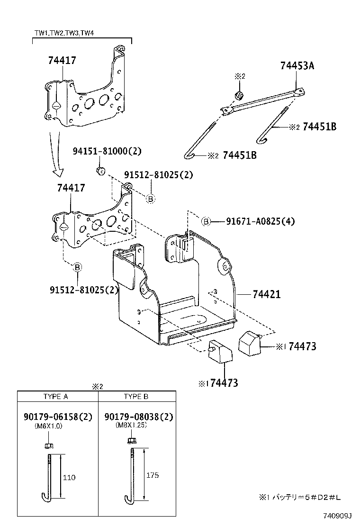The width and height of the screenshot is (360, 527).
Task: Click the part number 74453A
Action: pyautogui.click(x=297, y=66)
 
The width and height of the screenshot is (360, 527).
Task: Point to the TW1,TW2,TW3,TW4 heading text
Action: pyautogui.click(x=66, y=33)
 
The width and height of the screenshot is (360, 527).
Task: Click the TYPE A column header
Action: pyautogui.click(x=55, y=396)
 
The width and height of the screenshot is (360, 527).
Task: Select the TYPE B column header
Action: pyautogui.click(x=136, y=396)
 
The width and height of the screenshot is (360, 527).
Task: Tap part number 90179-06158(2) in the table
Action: pyautogui.click(x=57, y=417)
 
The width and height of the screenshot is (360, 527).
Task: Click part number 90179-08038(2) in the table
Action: pyautogui.click(x=138, y=417)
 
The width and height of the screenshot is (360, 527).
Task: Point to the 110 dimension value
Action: pyautogui.click(x=69, y=477)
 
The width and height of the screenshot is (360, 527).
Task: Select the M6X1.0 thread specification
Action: pyautogui.click(x=48, y=426)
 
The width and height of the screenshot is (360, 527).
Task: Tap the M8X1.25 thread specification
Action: pyautogui.click(x=131, y=426)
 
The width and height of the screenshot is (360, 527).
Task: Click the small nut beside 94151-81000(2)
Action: pyautogui.click(x=100, y=170)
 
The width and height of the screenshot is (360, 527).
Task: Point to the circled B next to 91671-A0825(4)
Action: pyautogui.click(x=206, y=221)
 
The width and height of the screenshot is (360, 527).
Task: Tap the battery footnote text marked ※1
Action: pyautogui.click(x=300, y=497)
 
